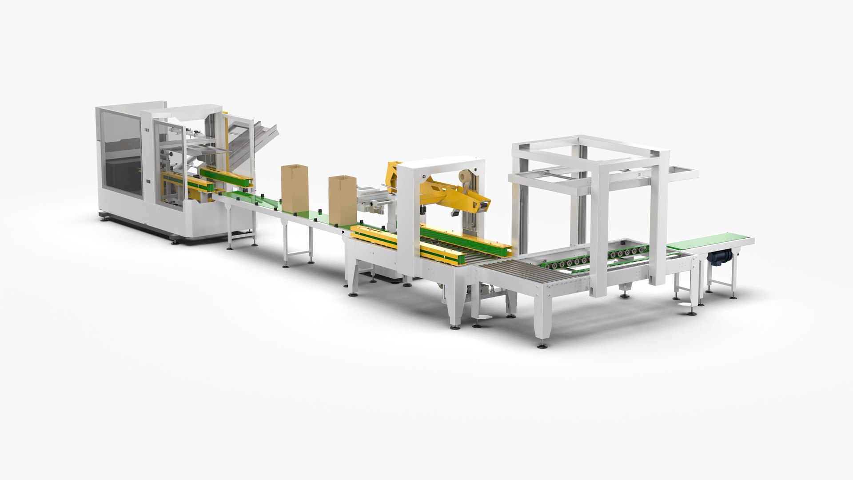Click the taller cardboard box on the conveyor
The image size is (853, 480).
pyautogui.click(x=294, y=188)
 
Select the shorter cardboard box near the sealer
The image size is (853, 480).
pyautogui.click(x=342, y=199)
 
